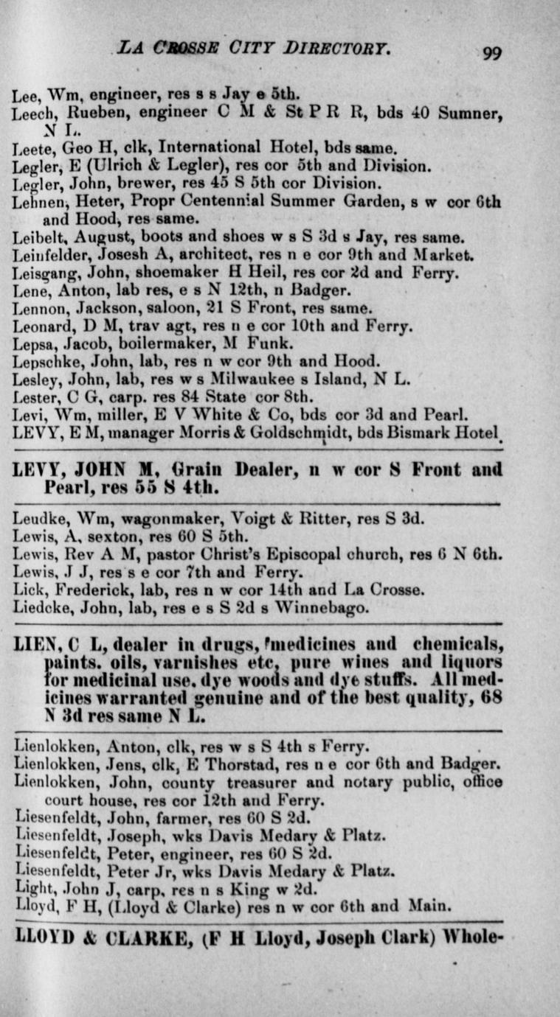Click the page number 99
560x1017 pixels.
[493, 53]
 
